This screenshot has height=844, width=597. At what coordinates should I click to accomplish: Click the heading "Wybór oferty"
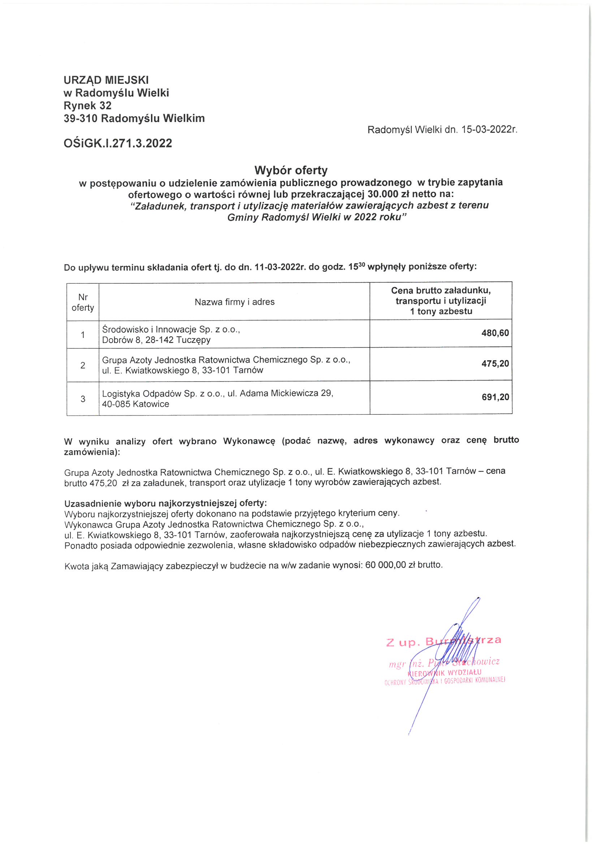coord(291,170)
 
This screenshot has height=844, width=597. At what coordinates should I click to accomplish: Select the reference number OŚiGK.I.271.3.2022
coord(118,143)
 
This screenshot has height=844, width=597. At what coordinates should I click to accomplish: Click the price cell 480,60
coord(495,334)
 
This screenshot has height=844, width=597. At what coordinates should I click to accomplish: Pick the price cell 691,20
coord(495,397)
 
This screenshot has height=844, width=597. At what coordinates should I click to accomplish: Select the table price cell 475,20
coord(495,364)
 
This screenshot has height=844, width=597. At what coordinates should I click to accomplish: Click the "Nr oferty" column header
coord(83,302)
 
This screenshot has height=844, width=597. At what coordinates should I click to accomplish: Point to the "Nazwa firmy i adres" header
coord(234,302)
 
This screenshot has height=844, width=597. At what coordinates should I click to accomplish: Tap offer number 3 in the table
coord(83,399)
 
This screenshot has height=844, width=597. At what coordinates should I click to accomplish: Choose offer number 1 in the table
coord(83,335)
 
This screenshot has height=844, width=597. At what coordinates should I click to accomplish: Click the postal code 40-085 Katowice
coord(135,404)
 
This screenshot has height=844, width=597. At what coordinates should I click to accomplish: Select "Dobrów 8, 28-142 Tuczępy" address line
coord(156,340)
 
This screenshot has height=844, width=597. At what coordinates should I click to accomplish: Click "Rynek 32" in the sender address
coord(87,106)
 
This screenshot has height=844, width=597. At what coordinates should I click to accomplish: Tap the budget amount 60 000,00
coord(385,565)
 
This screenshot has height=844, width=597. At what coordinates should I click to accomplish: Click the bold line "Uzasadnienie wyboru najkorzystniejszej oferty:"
coord(165,503)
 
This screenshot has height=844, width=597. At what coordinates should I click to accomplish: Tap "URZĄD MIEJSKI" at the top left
coord(106,80)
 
